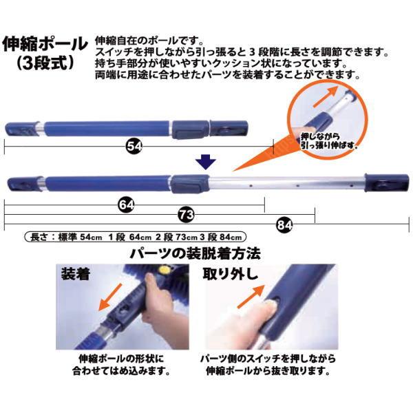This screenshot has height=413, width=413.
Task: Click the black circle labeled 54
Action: (x=134, y=146)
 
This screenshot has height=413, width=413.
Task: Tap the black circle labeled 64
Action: (x=126, y=205)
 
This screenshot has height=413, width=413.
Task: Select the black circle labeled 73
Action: (x=187, y=215)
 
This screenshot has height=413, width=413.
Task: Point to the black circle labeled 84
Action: (x=284, y=225)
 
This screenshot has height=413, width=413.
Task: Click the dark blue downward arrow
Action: (x=206, y=162)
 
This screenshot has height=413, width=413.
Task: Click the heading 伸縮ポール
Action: (x=45, y=44)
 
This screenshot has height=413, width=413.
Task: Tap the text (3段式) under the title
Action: (x=45, y=63)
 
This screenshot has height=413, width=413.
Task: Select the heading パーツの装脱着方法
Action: (x=195, y=253)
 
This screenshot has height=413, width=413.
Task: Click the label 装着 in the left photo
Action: (x=76, y=274)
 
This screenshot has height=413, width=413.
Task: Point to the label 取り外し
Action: (x=230, y=274)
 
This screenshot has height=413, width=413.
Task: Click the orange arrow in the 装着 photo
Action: (x=110, y=297)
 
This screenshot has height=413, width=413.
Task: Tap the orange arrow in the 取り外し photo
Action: (x=251, y=296)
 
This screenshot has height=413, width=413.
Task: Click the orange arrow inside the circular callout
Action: (x=326, y=96)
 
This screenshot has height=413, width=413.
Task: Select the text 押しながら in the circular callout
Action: (x=320, y=137)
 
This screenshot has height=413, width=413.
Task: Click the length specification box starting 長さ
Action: (x=136, y=237)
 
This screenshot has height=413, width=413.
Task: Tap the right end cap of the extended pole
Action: (x=387, y=182)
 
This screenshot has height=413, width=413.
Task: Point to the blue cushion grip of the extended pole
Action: (x=108, y=184)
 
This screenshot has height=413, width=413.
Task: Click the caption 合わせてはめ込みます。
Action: (x=121, y=372)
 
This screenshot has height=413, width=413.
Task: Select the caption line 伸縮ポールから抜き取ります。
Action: (x=268, y=372)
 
